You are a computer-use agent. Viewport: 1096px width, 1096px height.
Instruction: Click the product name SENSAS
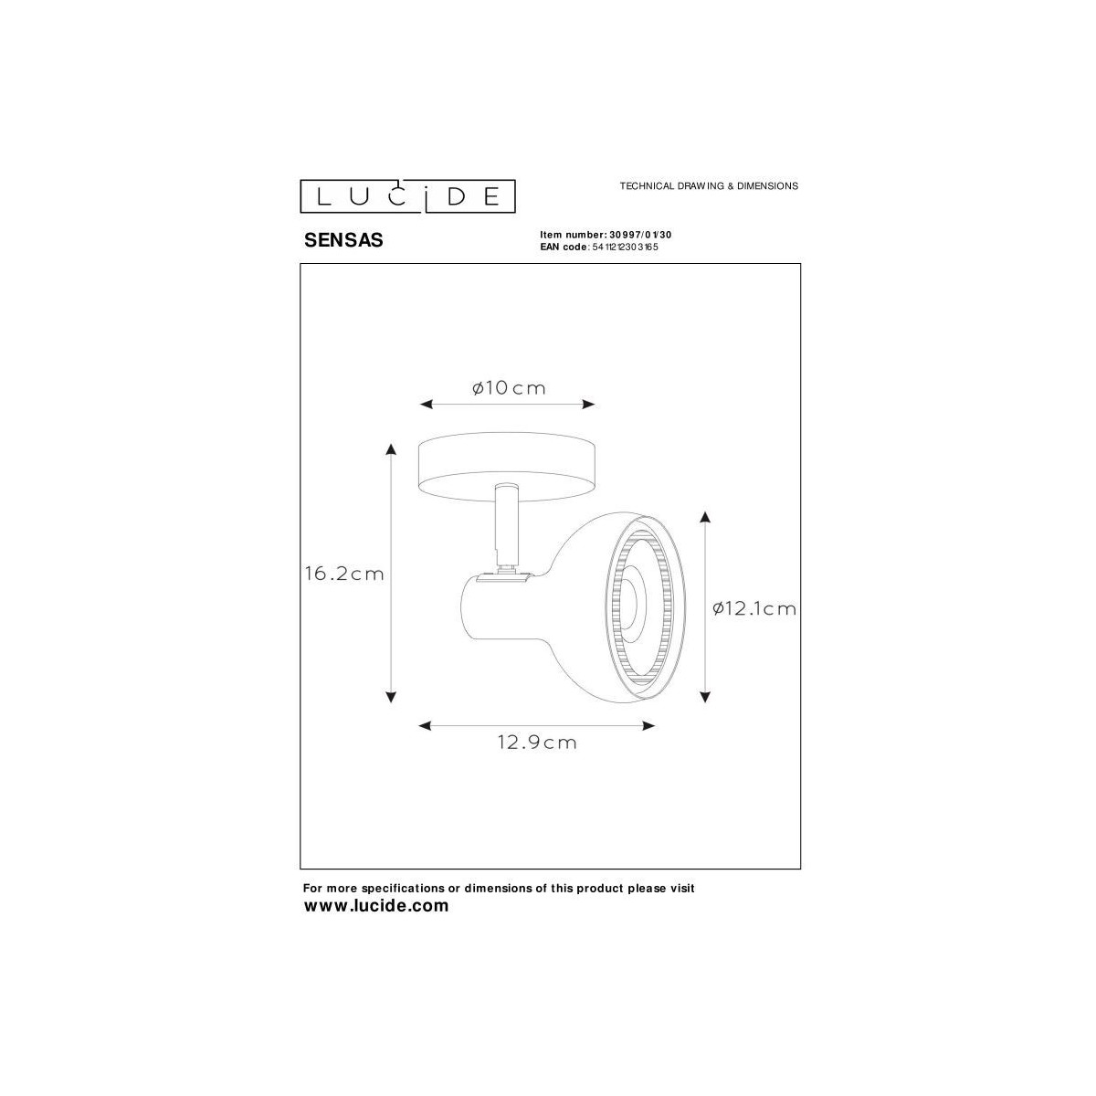342,241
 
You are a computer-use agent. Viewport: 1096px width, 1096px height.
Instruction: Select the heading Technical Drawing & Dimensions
709,185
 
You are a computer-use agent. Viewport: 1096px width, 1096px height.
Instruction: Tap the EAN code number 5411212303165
625,247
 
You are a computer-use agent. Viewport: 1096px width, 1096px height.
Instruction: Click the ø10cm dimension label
509,388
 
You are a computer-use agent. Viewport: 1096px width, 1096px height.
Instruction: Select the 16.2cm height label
344,574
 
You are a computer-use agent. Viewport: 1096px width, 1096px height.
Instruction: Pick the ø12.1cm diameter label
754,608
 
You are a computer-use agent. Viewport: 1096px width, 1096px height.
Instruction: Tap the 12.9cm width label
537,743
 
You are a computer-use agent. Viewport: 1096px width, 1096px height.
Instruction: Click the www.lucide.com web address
376,906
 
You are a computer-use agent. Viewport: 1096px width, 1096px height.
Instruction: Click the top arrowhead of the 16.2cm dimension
391,448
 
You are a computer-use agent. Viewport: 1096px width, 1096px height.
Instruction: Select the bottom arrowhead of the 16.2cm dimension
391,696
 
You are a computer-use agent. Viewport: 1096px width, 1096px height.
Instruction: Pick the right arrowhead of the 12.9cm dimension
649,726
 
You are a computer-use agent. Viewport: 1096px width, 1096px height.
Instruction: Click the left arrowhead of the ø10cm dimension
425,405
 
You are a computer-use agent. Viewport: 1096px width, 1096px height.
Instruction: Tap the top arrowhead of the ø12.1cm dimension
705,518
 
